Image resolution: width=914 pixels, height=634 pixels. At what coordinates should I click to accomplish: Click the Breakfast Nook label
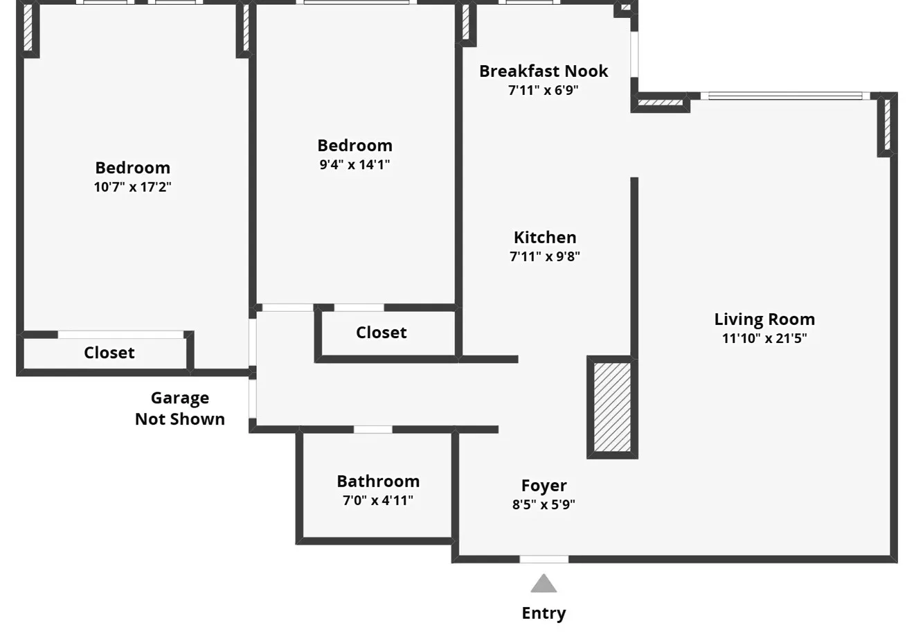click(544, 71)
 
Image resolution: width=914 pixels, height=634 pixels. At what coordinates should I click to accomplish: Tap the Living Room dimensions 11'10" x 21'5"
click(764, 339)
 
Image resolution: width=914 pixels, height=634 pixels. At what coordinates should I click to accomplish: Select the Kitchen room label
click(544, 238)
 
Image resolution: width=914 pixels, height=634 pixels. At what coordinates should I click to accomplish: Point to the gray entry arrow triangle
click(544, 585)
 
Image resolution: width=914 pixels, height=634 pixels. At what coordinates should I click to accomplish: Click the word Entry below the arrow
click(544, 613)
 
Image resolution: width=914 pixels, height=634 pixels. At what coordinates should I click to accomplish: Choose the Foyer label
click(544, 486)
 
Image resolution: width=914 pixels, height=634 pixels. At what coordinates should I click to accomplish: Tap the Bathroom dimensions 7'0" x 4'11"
click(378, 500)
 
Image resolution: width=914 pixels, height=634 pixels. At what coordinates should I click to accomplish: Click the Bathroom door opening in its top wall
click(373, 430)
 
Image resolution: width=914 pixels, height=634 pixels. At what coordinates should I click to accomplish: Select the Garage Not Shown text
click(180, 408)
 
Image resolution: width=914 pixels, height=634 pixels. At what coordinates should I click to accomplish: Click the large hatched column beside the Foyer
click(612, 407)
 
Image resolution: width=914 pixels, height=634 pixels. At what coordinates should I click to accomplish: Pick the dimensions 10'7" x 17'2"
click(132, 187)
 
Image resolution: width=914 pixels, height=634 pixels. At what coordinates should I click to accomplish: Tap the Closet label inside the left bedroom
click(109, 353)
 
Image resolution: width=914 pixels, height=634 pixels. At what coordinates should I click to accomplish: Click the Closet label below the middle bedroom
click(381, 333)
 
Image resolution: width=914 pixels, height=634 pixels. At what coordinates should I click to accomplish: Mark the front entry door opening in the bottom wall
click(544, 559)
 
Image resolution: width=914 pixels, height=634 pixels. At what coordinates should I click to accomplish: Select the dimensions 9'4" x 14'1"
click(355, 165)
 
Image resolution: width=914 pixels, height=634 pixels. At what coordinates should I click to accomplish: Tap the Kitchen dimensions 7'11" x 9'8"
click(544, 256)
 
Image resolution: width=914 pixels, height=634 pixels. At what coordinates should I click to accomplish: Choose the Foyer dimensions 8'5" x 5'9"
click(544, 504)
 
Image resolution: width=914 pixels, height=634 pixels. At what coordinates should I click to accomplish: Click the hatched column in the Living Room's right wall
click(886, 125)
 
